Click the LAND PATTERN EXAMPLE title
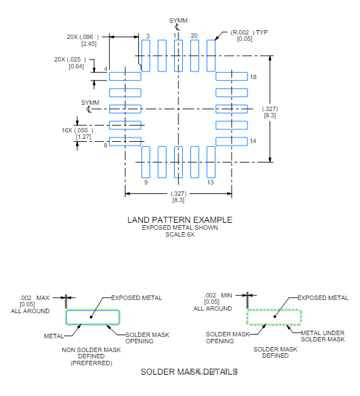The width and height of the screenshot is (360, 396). pos(180,220)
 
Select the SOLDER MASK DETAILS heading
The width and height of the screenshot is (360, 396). pos(188,372)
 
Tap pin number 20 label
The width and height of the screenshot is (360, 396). pos(194,36)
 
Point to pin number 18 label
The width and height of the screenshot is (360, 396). pos(253,77)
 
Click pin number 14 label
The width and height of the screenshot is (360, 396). pos(253,141)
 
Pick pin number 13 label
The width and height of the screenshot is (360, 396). pos(210,182)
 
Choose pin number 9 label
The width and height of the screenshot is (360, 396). pos(146,182)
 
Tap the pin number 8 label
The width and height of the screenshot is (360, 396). pos(106,144)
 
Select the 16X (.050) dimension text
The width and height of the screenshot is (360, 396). pos(76,130)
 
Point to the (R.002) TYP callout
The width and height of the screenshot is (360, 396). pos(249,33)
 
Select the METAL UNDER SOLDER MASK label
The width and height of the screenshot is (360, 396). pos(323,336)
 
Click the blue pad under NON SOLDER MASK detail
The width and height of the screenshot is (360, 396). pos(92,318)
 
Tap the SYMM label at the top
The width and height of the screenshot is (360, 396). pos(178,21)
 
